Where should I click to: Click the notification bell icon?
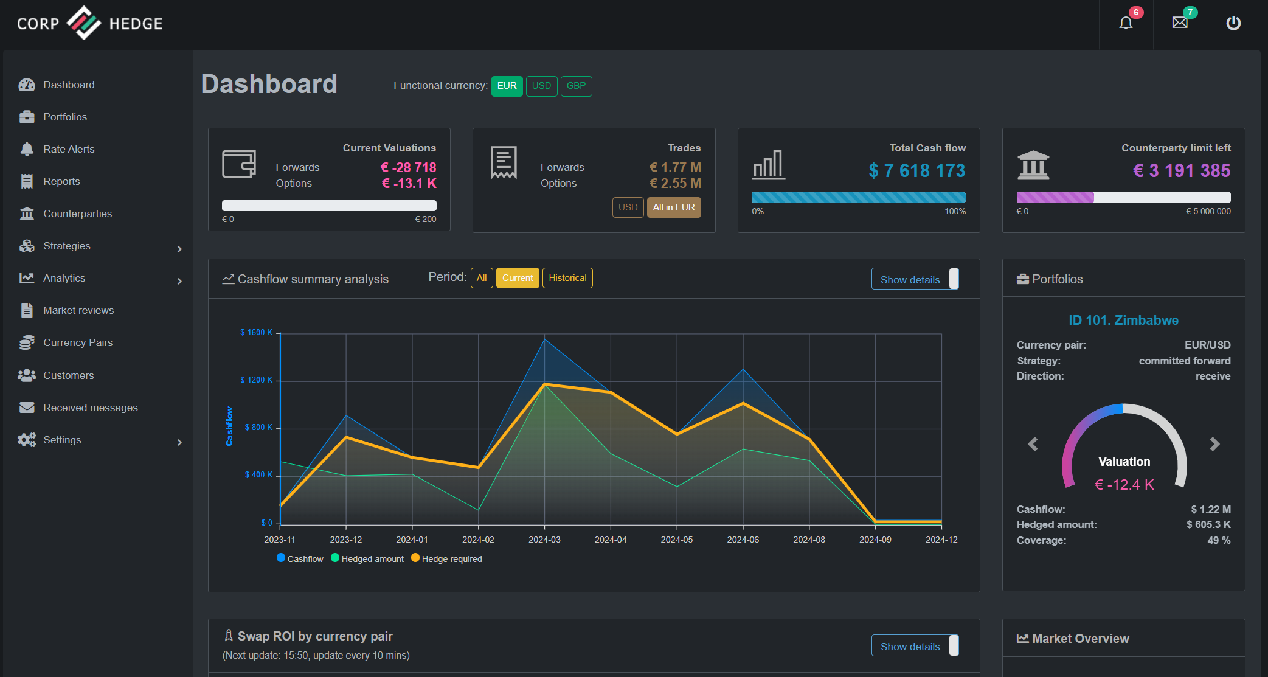(x=1126, y=23)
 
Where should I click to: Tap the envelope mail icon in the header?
(x=1180, y=23)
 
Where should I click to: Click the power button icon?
(x=1233, y=23)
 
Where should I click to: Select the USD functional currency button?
(x=541, y=86)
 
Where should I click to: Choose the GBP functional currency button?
(x=576, y=86)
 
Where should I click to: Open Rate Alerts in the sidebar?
(x=69, y=149)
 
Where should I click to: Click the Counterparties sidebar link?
(x=77, y=214)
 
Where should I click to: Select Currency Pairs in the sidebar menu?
(x=78, y=342)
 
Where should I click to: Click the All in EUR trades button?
(x=674, y=207)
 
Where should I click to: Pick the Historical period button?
(x=567, y=278)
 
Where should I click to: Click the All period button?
(x=482, y=278)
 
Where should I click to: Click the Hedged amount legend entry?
(x=367, y=558)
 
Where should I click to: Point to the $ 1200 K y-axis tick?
(x=257, y=380)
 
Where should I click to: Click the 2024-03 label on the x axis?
(x=544, y=540)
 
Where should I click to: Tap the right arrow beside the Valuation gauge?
(x=1214, y=444)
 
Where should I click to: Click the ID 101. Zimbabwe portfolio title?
(x=1123, y=320)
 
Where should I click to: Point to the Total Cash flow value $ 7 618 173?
(x=917, y=171)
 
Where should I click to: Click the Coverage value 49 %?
(x=1219, y=540)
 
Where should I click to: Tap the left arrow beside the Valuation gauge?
(x=1033, y=444)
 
